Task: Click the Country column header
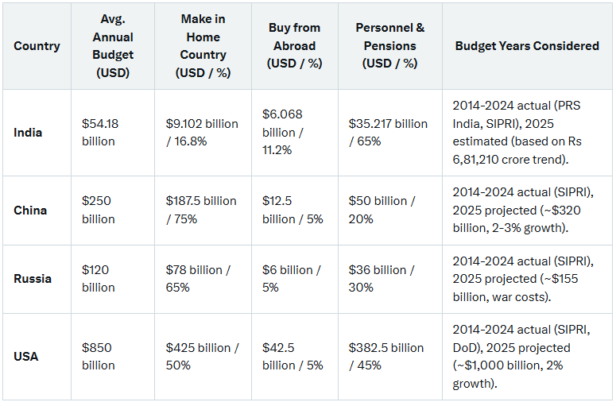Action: (x=37, y=46)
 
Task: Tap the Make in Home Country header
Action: (x=203, y=46)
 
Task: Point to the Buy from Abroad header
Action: (x=293, y=46)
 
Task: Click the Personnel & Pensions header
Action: (x=389, y=46)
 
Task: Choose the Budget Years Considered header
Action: (x=527, y=46)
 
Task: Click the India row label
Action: (x=29, y=133)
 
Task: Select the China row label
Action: (x=30, y=211)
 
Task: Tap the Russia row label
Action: (x=33, y=279)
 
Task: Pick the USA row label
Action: (x=26, y=357)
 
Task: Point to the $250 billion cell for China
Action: (x=99, y=211)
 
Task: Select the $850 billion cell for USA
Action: (x=99, y=357)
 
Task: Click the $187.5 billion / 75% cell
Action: (x=201, y=211)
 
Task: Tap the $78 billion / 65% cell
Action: (x=198, y=279)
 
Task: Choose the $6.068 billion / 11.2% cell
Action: (x=283, y=133)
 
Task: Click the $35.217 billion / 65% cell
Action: (x=388, y=133)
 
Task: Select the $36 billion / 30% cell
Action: (x=382, y=279)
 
